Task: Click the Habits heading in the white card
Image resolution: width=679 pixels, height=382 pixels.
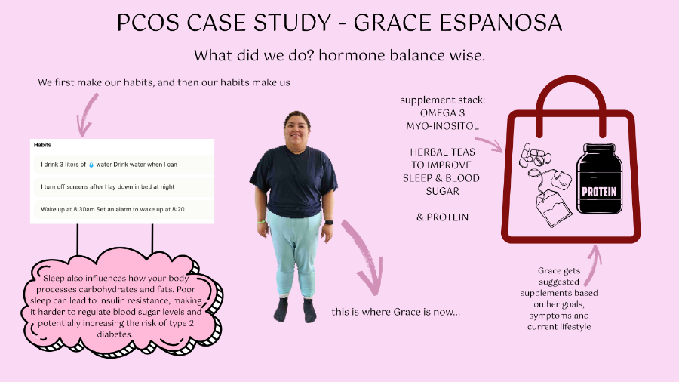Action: [x=44, y=144]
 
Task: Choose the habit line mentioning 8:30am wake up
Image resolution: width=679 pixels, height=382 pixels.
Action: [x=113, y=208]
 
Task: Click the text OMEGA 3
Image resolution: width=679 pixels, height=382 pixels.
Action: [x=440, y=113]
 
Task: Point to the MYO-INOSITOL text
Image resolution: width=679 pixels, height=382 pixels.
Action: [x=440, y=126]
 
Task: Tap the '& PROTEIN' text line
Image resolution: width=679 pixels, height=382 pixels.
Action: [x=442, y=217]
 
